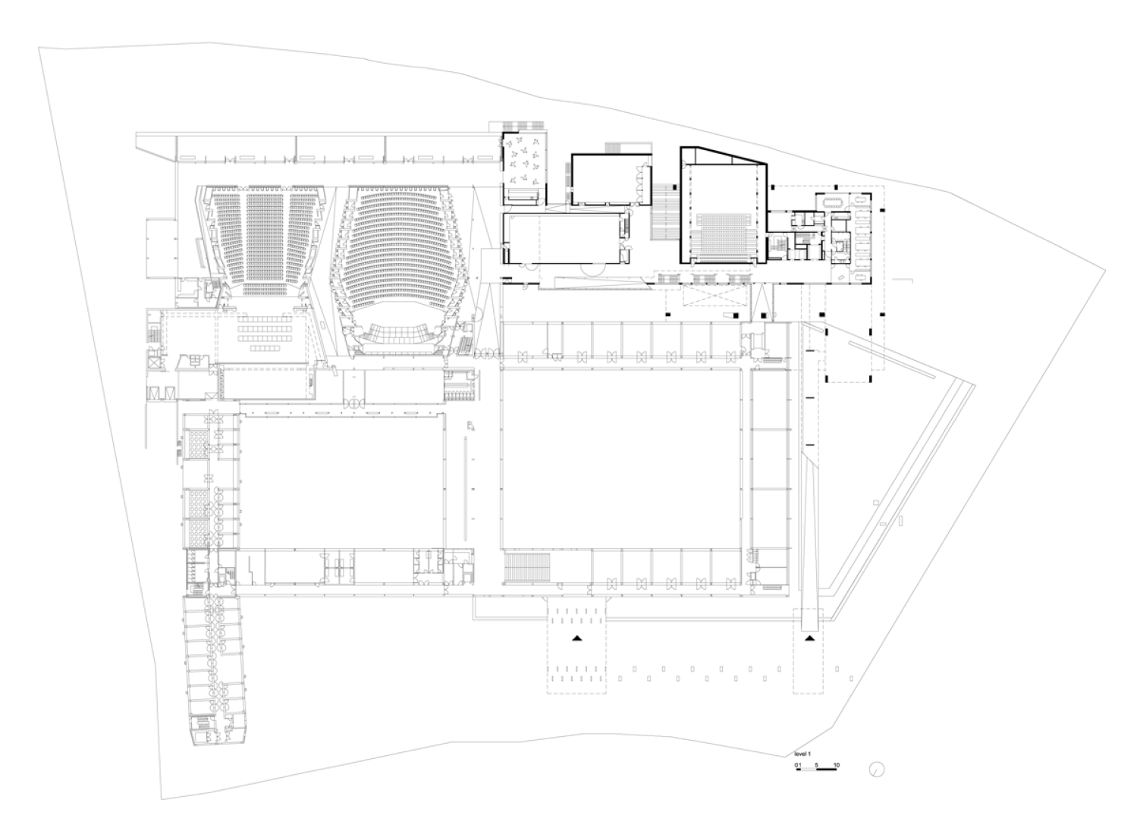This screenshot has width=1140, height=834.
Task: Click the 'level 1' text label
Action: [802, 754]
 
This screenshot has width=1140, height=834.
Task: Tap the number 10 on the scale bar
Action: [836, 765]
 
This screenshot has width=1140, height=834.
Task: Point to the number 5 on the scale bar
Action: [816, 765]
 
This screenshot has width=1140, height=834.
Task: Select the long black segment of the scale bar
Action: [827, 769]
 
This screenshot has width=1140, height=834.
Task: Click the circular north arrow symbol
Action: [876, 770]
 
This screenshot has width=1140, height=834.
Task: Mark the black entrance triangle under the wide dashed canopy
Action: [576, 638]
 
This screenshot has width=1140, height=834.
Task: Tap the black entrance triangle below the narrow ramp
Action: [810, 638]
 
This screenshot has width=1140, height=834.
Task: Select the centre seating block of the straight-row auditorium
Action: [265, 238]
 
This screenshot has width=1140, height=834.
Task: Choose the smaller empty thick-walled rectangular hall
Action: [611, 180]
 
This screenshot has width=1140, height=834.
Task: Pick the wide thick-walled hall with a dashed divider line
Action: [565, 238]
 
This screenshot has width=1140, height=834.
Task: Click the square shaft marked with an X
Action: [154, 363]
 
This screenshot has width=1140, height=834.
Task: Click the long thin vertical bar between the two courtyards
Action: [465, 488]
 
